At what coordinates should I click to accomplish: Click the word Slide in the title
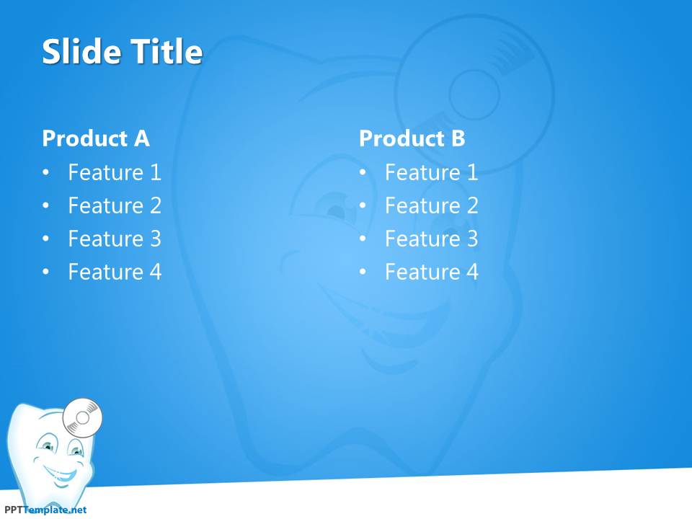click(81, 52)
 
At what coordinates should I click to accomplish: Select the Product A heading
click(96, 138)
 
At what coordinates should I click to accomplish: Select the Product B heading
click(412, 138)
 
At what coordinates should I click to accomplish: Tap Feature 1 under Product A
click(115, 172)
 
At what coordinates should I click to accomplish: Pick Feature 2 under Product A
click(115, 205)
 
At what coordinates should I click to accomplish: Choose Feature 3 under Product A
click(115, 239)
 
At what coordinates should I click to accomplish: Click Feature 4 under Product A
click(115, 272)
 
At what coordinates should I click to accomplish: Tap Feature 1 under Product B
click(432, 172)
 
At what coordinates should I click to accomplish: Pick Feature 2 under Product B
click(432, 205)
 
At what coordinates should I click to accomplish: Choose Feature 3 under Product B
click(432, 239)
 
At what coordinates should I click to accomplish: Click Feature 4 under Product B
click(432, 272)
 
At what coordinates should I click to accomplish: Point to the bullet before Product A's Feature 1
click(46, 172)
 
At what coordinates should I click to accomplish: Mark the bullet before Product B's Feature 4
click(363, 272)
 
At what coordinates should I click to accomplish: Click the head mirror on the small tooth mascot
click(82, 417)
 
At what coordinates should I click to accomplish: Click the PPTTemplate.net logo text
click(45, 510)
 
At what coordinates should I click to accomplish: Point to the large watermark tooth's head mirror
click(474, 94)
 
